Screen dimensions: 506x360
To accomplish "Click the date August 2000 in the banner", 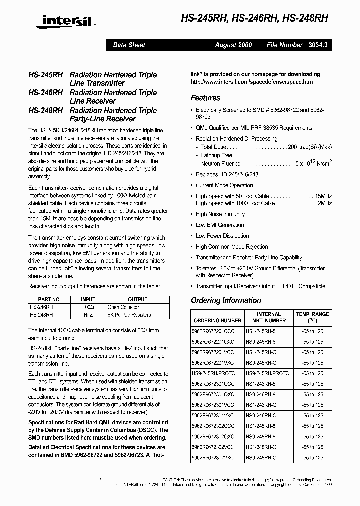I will coord(233,45).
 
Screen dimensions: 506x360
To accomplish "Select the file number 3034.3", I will coord(318,45).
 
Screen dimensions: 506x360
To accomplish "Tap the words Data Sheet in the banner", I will coord(129,45).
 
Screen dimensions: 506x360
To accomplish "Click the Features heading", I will coord(205,98).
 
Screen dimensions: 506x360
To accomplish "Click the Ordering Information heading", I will coord(226,300).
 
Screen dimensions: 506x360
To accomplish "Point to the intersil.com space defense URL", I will coord(252,82).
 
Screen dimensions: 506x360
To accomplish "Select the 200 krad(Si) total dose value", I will coord(310,147).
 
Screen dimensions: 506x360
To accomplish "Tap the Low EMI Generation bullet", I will coord(220,225).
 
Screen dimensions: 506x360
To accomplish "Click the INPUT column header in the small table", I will coord(88,299).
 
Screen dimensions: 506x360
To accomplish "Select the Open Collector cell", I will coord(123,307).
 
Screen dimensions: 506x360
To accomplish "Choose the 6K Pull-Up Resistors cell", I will coord(129,315).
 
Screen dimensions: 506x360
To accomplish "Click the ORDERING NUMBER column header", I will coord(217,320).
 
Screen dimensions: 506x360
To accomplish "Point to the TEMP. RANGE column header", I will coord(313,317).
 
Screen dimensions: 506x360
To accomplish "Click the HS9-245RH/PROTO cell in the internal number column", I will coord(267,373).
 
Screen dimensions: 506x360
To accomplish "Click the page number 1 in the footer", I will coord(100,480).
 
